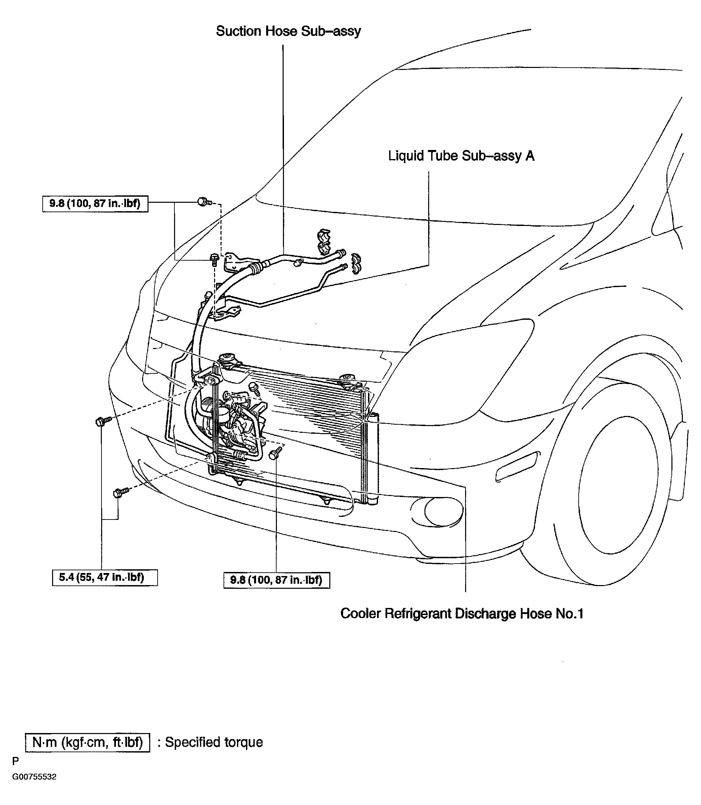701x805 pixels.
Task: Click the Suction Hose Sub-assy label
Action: point(288,31)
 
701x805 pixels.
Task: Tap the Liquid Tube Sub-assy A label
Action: point(461,156)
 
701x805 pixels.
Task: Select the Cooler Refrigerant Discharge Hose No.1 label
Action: point(462,613)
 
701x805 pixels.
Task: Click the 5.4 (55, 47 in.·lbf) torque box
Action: point(105,577)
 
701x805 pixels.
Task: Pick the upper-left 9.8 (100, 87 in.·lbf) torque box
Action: point(95,203)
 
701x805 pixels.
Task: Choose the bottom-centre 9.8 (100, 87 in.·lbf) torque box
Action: point(277,580)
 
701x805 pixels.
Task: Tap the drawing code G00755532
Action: point(34,777)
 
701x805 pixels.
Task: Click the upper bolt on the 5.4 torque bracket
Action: point(103,421)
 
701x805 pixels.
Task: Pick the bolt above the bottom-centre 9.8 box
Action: point(276,453)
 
